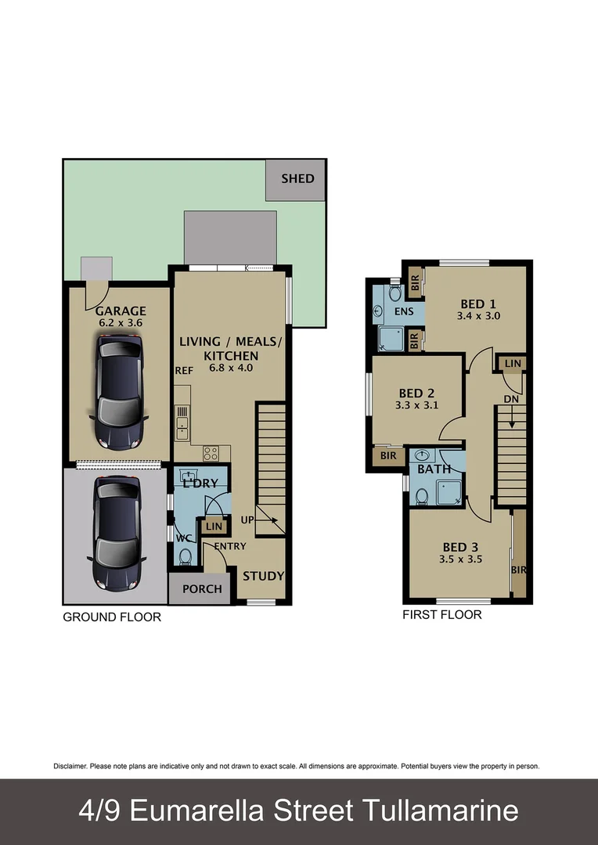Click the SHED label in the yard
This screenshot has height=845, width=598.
(x=297, y=178)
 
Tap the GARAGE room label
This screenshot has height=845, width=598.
(x=121, y=311)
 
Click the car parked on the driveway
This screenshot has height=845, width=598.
(x=117, y=532)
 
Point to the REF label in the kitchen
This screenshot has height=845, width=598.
(x=184, y=371)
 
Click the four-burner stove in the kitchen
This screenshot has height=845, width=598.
(x=211, y=451)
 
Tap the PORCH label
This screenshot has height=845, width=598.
(x=202, y=589)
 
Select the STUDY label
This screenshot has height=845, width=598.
(x=263, y=577)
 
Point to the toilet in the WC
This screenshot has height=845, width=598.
(x=186, y=556)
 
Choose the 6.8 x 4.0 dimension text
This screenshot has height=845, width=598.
(x=230, y=367)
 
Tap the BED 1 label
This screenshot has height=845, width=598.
(x=477, y=304)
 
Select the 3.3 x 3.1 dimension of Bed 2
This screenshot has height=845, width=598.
(x=416, y=406)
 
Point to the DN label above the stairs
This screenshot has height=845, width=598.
(x=511, y=398)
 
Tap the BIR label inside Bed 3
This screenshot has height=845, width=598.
(x=518, y=570)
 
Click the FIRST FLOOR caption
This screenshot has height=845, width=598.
(x=441, y=615)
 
